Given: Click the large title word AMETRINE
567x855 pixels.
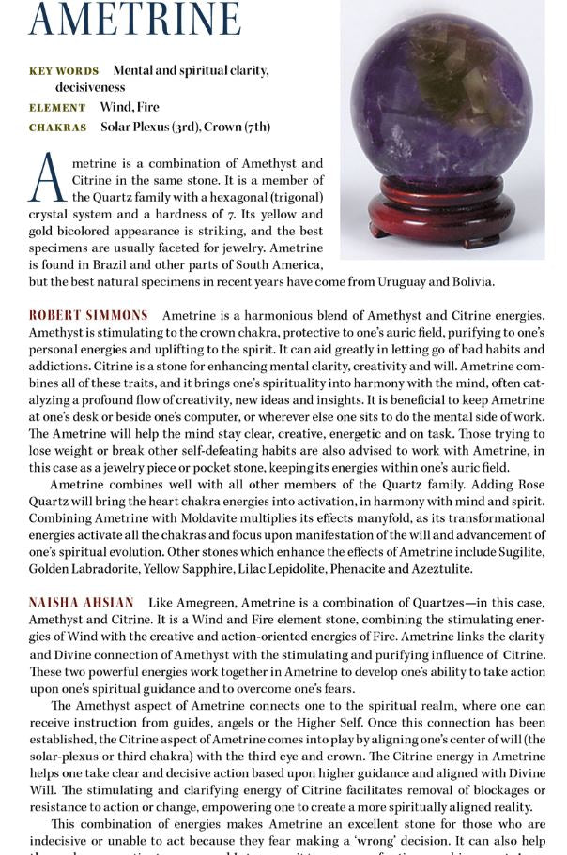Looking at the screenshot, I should click(x=134, y=21).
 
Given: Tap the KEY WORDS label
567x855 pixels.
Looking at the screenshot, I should click(x=64, y=71).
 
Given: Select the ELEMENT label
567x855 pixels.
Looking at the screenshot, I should click(x=57, y=108).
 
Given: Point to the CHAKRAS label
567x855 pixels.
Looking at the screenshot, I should click(x=57, y=127).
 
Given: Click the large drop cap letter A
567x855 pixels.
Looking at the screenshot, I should click(x=47, y=179).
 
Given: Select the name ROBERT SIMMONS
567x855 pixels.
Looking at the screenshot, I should click(x=88, y=315).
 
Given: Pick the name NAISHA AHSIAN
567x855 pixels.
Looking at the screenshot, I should click(x=81, y=602).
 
